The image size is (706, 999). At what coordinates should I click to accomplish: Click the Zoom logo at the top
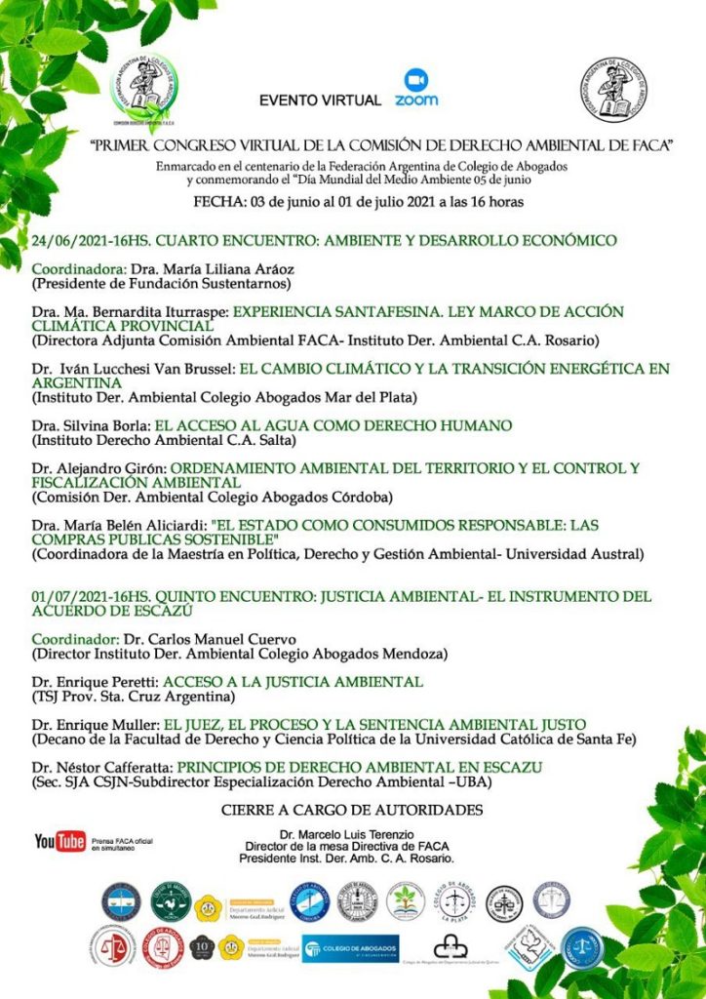tap(416, 87)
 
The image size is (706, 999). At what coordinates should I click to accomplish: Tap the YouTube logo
tap(60, 841)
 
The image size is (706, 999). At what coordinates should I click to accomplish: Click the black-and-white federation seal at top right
tap(612, 91)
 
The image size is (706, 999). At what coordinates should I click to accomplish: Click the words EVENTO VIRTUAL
tap(320, 100)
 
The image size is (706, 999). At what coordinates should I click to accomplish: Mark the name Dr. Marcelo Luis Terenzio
tap(347, 835)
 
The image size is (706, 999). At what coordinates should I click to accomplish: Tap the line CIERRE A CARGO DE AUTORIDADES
tap(352, 810)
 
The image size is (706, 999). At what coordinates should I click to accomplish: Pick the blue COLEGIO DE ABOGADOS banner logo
tap(350, 947)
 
